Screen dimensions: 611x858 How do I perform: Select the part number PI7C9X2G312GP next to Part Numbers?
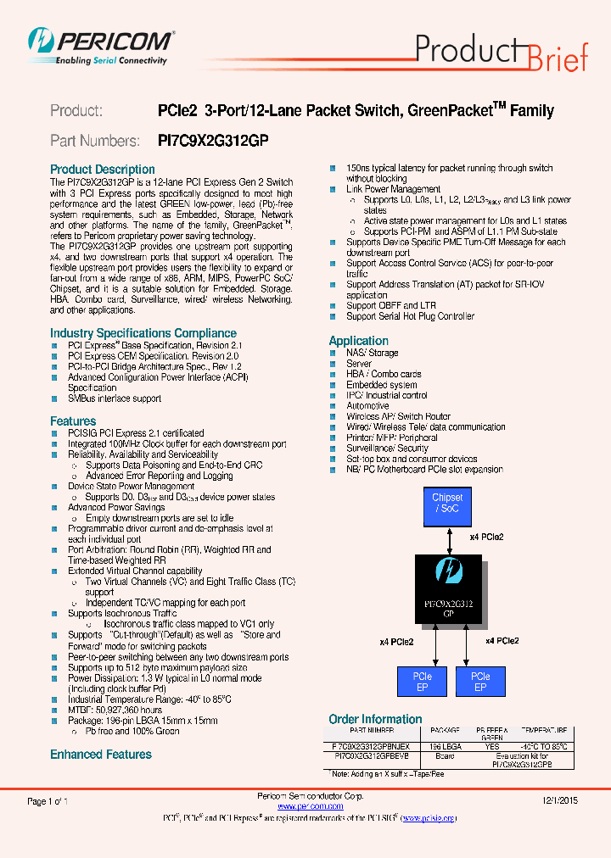click(213, 141)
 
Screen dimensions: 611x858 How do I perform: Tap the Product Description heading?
click(103, 170)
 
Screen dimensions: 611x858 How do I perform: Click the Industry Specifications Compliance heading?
click(143, 333)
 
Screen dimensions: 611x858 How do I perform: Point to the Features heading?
click(73, 421)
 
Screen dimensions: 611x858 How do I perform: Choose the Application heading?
click(358, 341)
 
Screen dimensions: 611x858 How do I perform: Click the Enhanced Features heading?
click(101, 755)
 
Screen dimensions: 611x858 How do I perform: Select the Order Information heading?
click(375, 719)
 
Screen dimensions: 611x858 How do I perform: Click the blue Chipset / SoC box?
click(447, 503)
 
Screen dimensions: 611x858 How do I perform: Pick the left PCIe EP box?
click(422, 682)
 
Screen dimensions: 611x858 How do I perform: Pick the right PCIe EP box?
click(480, 682)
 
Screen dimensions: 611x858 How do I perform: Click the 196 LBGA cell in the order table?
click(446, 747)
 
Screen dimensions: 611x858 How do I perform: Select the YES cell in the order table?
click(492, 747)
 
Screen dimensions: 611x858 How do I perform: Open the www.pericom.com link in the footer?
click(311, 806)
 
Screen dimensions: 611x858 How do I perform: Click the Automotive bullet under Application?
click(367, 406)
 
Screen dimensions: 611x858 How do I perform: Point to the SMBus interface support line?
click(115, 398)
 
